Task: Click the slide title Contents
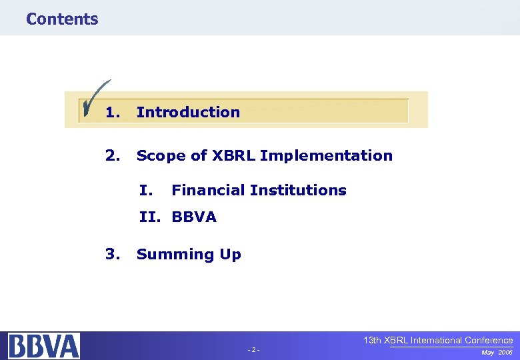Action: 62,19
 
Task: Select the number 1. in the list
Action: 113,112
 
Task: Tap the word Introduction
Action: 188,112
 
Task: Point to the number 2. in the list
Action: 113,155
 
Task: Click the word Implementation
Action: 327,156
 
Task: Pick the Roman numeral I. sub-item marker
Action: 147,190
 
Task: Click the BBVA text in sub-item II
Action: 194,217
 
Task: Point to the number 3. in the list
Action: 113,254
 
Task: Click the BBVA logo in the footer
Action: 44,346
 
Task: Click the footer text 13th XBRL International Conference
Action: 438,340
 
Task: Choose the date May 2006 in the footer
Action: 497,351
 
